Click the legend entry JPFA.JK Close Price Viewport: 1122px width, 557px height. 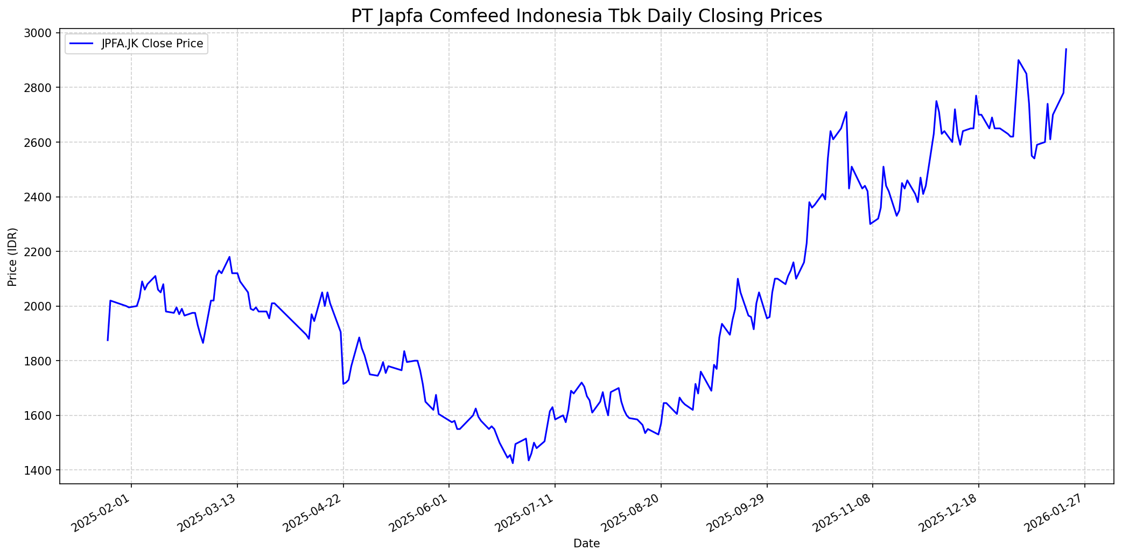click(x=152, y=44)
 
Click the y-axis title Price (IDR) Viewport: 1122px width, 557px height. click(x=12, y=257)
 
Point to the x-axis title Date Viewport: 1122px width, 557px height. click(x=586, y=544)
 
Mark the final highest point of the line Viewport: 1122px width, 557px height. click(x=1066, y=49)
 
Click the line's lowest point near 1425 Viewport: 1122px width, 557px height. click(x=513, y=463)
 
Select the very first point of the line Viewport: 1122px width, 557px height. click(x=108, y=340)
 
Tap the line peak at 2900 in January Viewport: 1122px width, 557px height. click(x=1018, y=60)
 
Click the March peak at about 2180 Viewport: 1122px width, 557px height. click(x=229, y=257)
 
